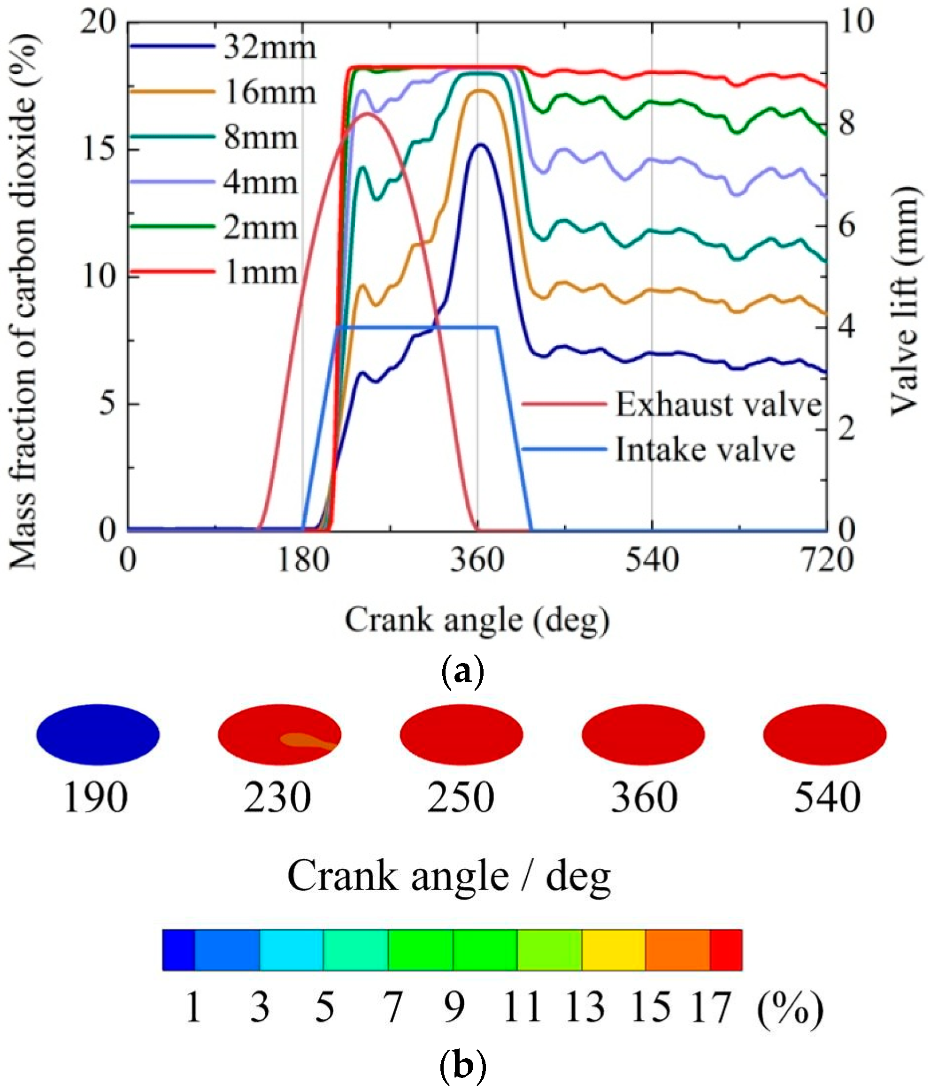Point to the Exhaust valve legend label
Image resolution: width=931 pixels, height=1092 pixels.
click(718, 405)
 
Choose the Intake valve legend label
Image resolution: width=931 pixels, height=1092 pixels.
click(705, 450)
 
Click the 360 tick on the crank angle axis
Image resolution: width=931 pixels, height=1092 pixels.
click(477, 560)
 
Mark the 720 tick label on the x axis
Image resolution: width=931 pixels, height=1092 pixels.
click(826, 560)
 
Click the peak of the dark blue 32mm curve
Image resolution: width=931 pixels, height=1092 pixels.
click(481, 144)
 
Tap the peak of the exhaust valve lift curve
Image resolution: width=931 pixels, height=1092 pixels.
click(368, 113)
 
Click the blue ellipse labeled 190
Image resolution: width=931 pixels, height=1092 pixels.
click(98, 734)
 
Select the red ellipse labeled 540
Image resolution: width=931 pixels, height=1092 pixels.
click(824, 734)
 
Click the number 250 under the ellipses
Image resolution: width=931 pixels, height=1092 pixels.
click(460, 798)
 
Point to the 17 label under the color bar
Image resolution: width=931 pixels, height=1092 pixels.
click(711, 1008)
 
